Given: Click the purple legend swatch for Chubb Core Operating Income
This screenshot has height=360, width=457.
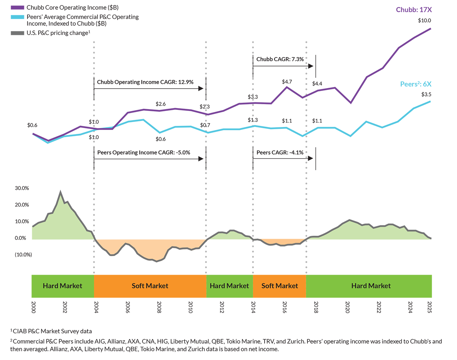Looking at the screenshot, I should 17,7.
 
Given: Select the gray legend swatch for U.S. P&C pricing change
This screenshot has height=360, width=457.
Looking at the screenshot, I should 17,33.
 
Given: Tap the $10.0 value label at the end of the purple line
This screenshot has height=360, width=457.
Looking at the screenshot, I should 424,21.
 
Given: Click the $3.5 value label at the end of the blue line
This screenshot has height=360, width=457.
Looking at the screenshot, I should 426,95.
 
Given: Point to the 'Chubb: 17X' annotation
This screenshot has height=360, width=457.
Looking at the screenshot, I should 413,10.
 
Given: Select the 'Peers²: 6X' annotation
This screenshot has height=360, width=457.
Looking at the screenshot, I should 416,84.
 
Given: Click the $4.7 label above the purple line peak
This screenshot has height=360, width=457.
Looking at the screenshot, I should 287,82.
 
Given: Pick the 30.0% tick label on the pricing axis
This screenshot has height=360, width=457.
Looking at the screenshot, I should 22,188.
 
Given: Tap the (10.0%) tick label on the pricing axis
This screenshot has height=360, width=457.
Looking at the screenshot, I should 23,255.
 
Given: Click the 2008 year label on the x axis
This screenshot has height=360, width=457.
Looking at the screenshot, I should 159,307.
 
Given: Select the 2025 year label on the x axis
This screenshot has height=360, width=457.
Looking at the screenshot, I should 430,307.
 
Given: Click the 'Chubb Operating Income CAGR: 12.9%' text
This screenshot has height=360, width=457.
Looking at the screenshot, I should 145,82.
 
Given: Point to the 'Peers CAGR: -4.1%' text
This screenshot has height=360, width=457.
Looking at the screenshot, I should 280,152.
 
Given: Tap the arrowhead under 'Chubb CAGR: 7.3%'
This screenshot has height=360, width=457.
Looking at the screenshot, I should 311,66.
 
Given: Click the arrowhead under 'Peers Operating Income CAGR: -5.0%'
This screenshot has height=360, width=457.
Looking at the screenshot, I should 201,158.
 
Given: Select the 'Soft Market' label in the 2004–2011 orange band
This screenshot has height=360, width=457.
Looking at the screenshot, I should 150,286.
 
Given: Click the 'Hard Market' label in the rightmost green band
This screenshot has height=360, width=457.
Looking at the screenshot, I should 371,286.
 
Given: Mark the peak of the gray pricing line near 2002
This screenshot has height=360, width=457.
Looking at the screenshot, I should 60,192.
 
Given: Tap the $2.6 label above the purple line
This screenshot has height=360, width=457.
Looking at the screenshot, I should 160,104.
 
